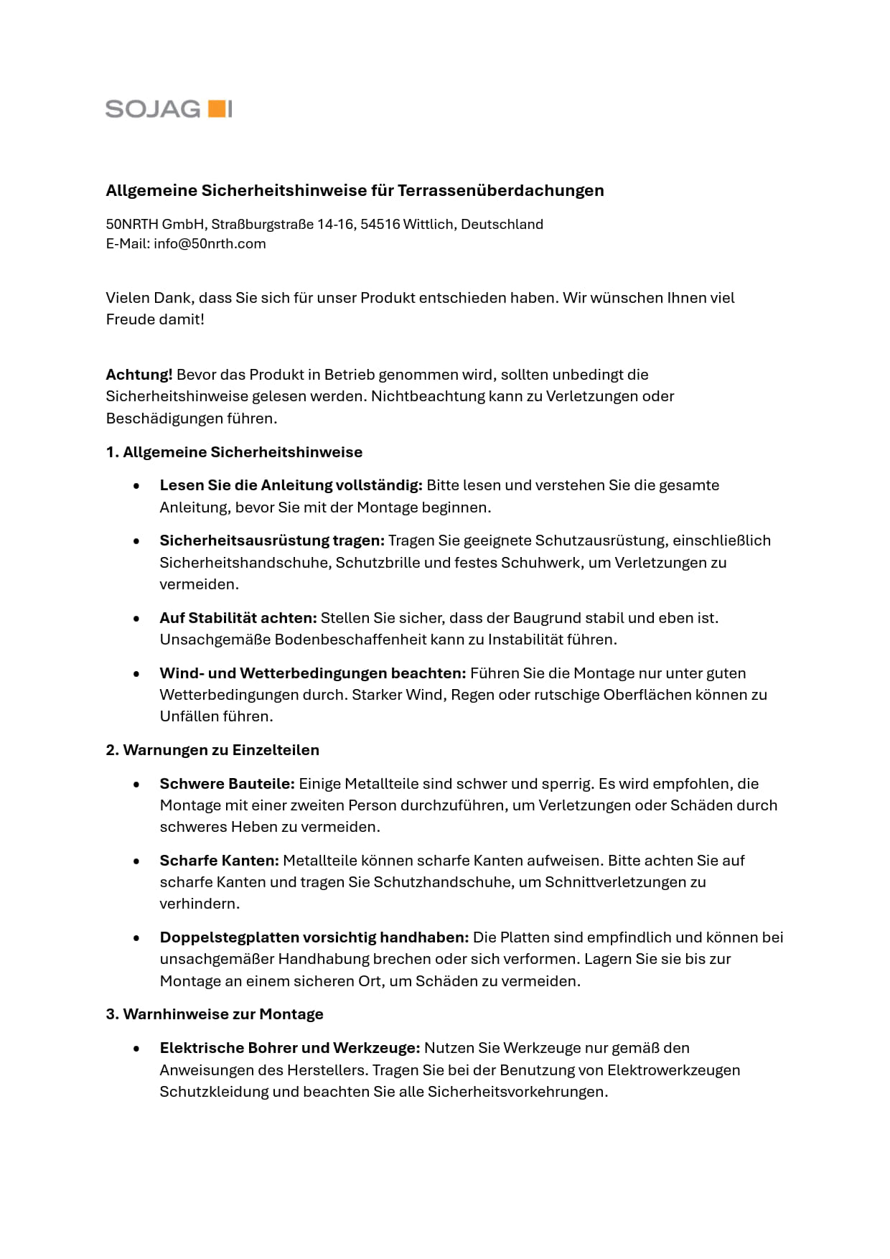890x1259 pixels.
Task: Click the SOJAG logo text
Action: pos(153,109)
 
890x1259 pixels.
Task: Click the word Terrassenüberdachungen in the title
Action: pos(500,190)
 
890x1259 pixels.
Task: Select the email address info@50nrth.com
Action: pos(210,243)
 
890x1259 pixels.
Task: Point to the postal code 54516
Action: pos(380,224)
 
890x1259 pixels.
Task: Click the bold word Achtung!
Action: pos(139,374)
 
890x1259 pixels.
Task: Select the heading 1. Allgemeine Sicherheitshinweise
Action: pos(234,452)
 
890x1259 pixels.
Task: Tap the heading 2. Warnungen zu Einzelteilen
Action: pos(212,750)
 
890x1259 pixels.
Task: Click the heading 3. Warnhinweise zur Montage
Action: pos(215,1014)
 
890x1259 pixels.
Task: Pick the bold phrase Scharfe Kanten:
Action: pos(219,860)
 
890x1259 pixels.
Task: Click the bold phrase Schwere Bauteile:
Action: pos(227,783)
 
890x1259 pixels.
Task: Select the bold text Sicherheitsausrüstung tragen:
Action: pos(272,540)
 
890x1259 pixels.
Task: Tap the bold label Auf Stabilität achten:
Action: pos(238,617)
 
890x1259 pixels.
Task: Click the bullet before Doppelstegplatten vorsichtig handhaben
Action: pos(136,937)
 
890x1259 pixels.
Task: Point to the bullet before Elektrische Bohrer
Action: pos(136,1048)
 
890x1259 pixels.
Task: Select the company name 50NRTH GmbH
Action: pos(155,224)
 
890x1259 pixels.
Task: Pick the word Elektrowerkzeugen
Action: pos(673,1070)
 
